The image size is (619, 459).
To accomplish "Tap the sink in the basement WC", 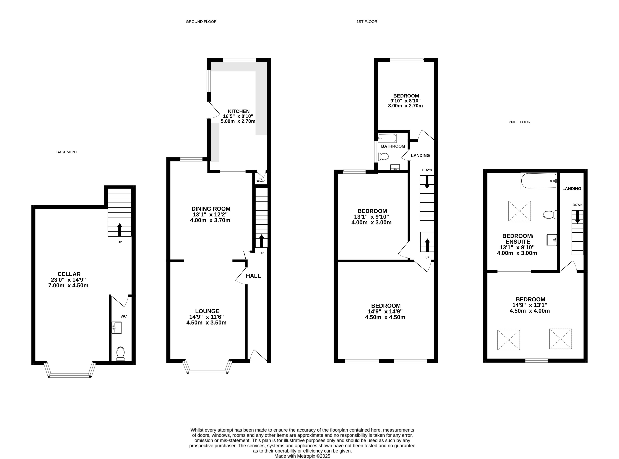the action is point(117,328).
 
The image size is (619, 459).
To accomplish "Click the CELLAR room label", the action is point(69,274).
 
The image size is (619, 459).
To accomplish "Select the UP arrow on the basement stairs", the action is point(120,229).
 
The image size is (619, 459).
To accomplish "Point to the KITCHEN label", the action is point(239,111).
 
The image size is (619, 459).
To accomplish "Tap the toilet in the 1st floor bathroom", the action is point(384,157).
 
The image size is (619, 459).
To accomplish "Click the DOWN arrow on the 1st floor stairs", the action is point(427,183).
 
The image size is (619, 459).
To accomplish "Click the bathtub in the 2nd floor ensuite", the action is point(539,181).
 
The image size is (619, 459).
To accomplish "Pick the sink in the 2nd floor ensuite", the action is point(552,240).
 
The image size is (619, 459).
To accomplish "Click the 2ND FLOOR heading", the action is point(519,122).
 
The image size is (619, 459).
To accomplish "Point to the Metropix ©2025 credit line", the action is point(302,456).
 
